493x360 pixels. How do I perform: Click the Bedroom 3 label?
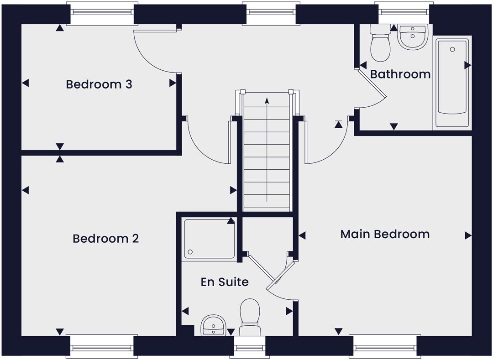click(99, 84)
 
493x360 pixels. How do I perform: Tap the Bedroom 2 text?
click(105, 239)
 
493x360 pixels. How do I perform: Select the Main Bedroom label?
click(385, 234)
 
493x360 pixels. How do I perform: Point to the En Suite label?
click(225, 282)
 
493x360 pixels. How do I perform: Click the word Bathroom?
click(400, 74)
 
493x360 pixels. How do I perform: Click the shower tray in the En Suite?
click(209, 239)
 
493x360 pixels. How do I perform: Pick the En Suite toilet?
click(250, 317)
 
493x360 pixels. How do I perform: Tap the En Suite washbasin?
click(214, 325)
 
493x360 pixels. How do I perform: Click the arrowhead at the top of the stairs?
click(267, 100)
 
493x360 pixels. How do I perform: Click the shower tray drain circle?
click(190, 252)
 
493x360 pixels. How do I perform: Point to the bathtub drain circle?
click(452, 49)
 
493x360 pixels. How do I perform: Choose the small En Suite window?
click(250, 347)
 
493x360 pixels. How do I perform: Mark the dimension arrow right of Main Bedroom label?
click(468, 235)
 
